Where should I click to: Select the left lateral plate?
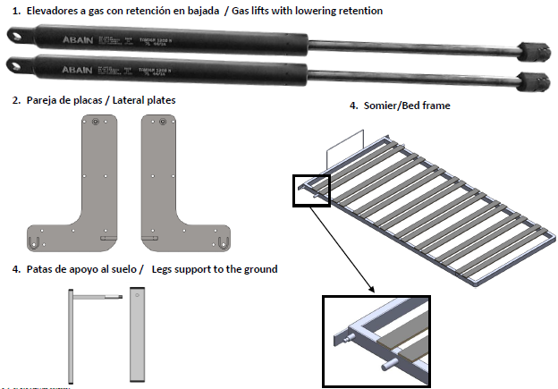click(89, 179)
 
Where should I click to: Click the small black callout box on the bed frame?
click(310, 190)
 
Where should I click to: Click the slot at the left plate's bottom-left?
click(35, 241)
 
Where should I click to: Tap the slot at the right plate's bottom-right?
click(224, 241)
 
